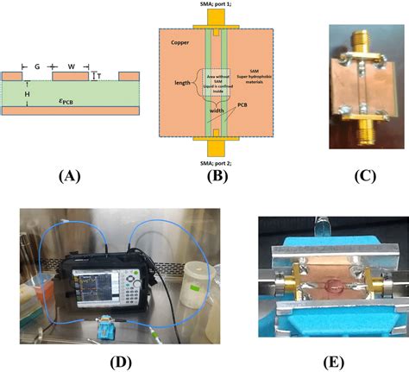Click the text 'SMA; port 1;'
217,7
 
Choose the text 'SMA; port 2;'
217,161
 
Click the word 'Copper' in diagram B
179,41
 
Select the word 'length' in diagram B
182,82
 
